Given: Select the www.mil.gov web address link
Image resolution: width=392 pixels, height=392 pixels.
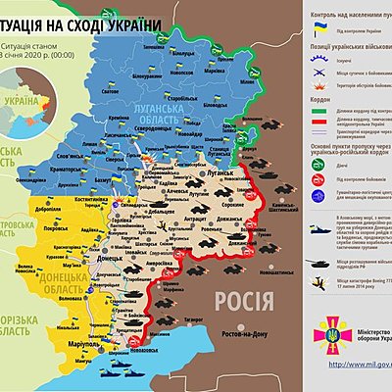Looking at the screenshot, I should click(x=353, y=365).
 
